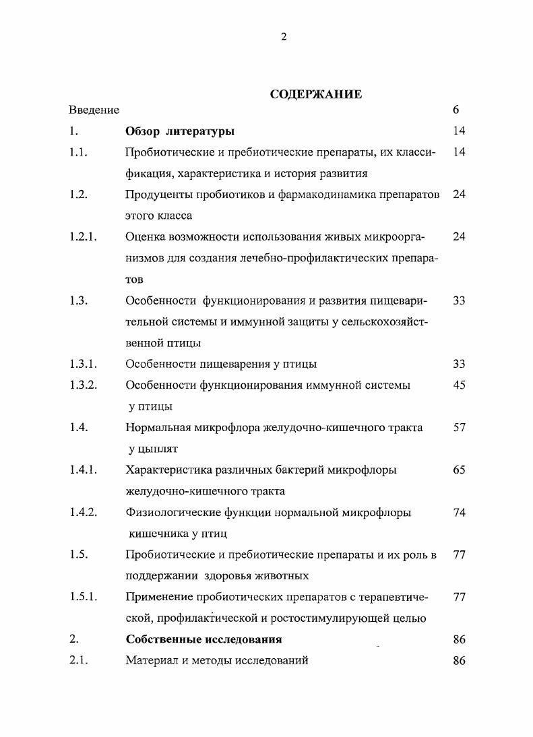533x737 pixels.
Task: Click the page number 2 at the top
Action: point(283,37)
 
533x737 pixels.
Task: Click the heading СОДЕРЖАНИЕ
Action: point(315,94)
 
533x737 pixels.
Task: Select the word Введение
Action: point(94,110)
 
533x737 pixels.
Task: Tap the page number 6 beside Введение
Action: point(456,110)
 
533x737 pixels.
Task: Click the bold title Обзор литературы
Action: point(180,131)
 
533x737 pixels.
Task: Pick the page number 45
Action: point(460,385)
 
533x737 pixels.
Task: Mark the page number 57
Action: point(460,427)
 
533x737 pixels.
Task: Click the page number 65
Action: point(460,470)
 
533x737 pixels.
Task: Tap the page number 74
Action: point(460,513)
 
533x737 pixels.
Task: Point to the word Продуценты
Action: point(158,195)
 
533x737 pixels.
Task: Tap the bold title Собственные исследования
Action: point(203,639)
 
